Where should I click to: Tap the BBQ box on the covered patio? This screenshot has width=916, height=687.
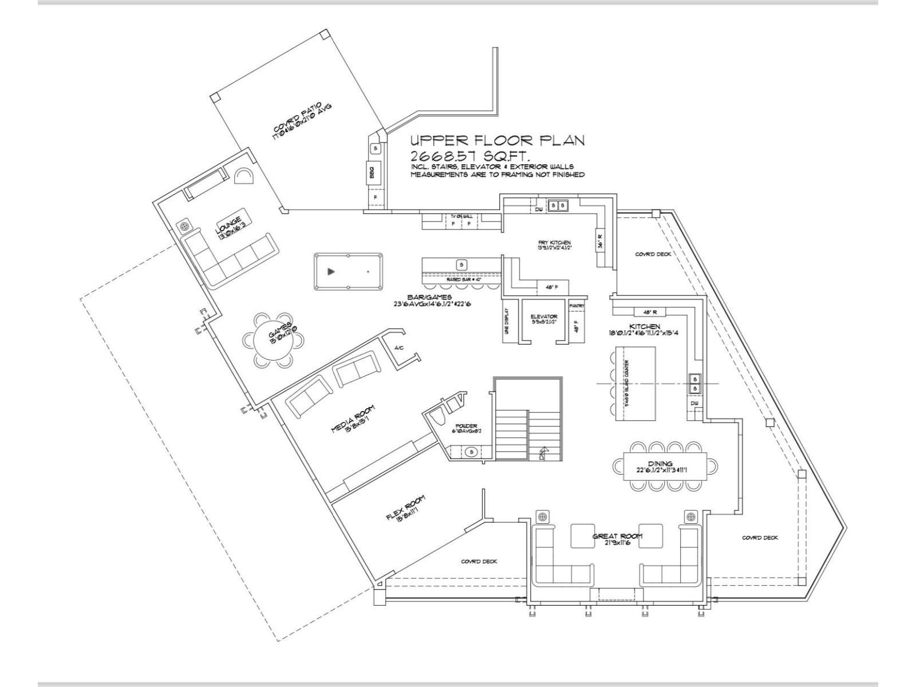(x=371, y=171)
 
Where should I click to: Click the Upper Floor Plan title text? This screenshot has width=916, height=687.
(x=497, y=140)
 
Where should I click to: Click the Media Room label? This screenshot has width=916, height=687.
(x=353, y=419)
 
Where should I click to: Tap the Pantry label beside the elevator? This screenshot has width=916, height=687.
(x=577, y=306)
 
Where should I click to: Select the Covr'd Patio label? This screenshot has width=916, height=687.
(x=301, y=120)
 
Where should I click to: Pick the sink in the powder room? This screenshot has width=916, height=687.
(x=472, y=452)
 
